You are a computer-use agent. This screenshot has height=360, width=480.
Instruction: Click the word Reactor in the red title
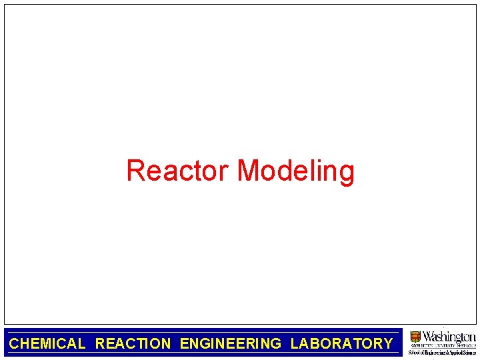[178, 171]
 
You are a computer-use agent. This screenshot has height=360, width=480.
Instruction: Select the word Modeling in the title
[295, 171]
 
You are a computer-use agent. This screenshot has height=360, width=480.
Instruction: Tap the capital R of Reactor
[135, 171]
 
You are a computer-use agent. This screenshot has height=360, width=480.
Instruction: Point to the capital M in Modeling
[249, 171]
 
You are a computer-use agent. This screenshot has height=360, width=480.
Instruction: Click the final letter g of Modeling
[346, 173]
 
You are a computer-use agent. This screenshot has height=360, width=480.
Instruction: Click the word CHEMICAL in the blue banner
[47, 344]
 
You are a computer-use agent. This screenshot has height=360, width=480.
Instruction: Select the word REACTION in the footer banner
[133, 344]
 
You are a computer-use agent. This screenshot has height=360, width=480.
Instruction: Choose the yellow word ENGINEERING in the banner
[231, 344]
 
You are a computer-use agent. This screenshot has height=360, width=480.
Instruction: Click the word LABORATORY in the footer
[341, 344]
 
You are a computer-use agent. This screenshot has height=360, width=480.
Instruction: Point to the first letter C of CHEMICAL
[14, 344]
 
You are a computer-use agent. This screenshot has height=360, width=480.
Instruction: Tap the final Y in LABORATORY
[387, 344]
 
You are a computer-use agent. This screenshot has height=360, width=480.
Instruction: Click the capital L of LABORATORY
[295, 344]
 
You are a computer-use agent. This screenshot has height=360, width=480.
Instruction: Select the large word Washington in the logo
[449, 336]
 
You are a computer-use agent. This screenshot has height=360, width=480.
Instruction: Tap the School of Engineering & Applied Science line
[442, 352]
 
